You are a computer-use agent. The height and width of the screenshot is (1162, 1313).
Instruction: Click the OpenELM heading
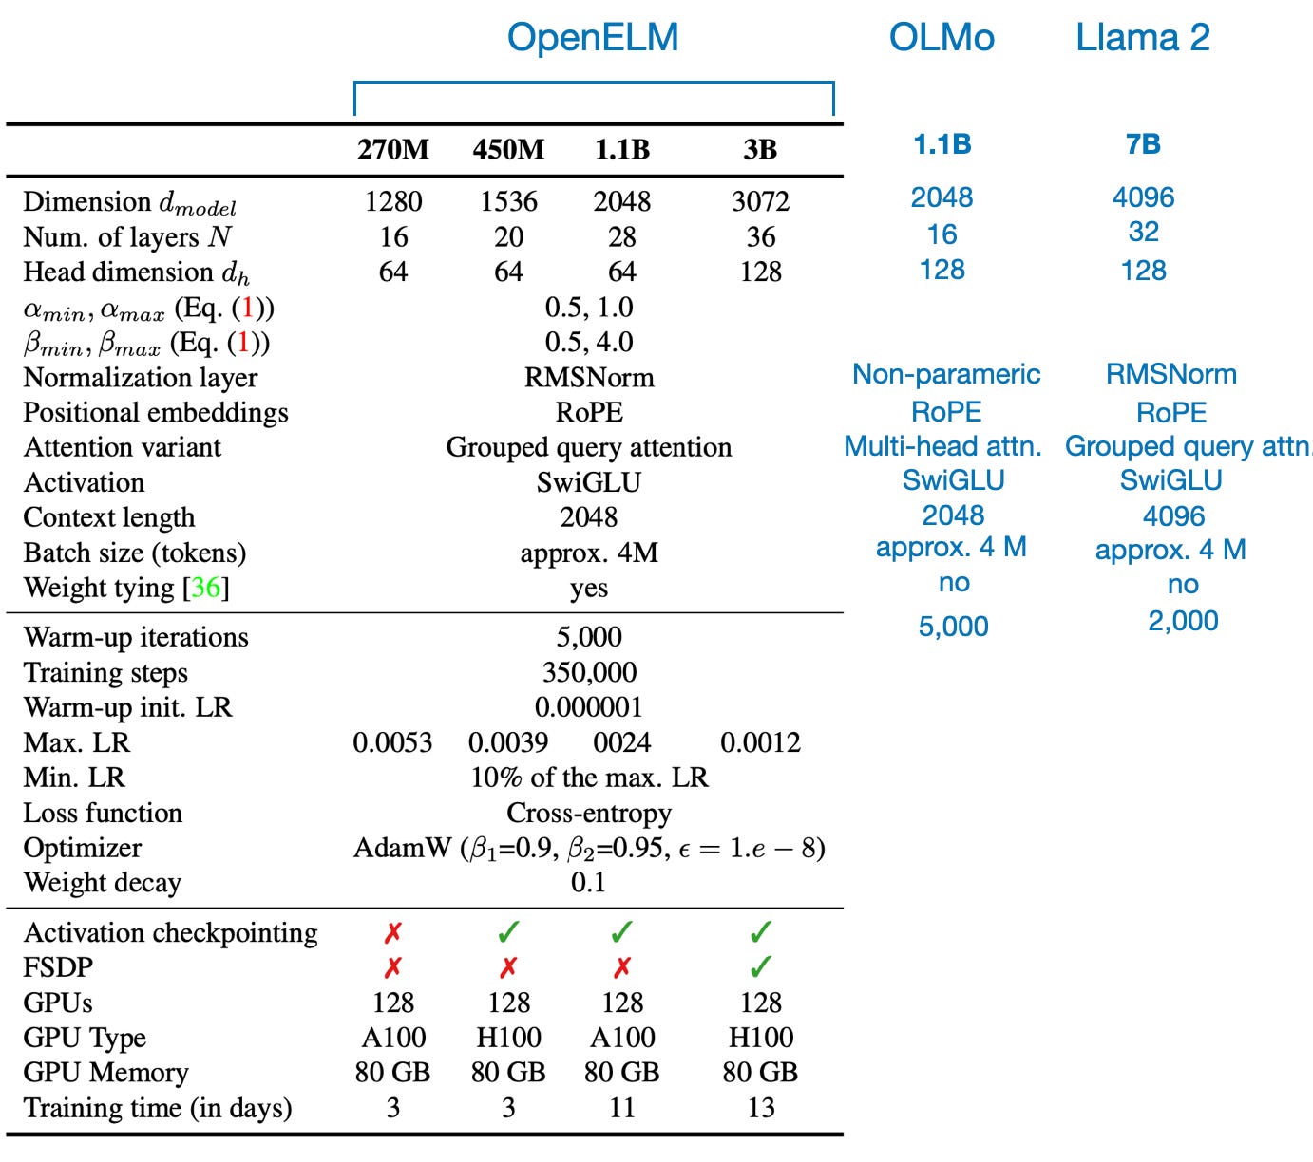(x=593, y=38)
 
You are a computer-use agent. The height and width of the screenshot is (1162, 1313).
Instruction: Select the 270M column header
(x=393, y=150)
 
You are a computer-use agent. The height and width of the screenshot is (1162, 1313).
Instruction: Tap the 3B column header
(x=760, y=150)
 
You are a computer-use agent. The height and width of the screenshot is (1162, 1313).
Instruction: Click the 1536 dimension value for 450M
(x=508, y=201)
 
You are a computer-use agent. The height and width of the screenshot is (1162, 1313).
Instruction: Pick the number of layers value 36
(x=760, y=236)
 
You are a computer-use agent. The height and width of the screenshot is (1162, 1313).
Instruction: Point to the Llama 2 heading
(x=1142, y=38)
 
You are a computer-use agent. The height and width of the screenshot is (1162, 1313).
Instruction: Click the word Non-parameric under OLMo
(x=945, y=374)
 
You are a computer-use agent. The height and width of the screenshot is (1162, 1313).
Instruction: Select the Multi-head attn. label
(x=942, y=446)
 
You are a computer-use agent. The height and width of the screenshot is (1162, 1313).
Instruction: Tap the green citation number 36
(x=205, y=588)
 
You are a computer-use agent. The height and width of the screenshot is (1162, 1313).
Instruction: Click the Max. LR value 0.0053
(x=392, y=742)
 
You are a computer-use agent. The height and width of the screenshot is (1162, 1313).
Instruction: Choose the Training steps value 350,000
(x=589, y=672)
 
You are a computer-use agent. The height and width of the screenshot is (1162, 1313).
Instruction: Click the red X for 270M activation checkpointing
(x=393, y=933)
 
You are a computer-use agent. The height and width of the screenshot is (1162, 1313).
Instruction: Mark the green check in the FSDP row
(x=760, y=967)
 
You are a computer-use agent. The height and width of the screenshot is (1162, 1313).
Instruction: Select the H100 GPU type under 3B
(x=760, y=1038)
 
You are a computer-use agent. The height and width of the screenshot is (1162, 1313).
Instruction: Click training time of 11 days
(x=622, y=1108)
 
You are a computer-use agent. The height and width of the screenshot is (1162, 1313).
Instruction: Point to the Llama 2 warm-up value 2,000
(x=1182, y=621)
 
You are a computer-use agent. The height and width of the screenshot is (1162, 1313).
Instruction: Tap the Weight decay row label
(x=103, y=883)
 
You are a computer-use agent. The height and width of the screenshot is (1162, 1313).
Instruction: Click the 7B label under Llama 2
(x=1143, y=144)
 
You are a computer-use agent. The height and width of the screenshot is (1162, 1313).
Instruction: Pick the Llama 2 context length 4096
(x=1173, y=516)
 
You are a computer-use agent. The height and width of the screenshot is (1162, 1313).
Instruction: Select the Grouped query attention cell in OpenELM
(x=589, y=447)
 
